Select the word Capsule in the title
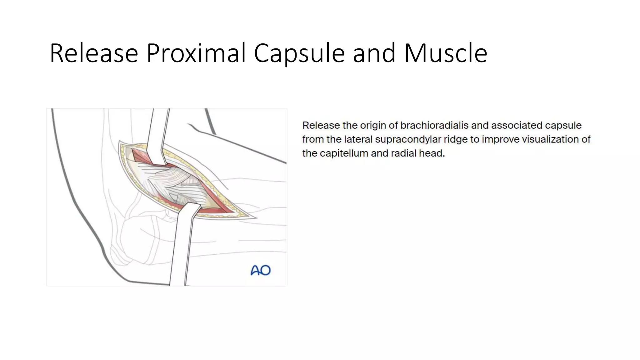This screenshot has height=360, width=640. click(299, 53)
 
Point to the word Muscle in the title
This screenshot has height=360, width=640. click(445, 53)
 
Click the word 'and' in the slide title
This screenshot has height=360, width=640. click(374, 53)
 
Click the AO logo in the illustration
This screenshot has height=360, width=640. click(261, 270)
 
